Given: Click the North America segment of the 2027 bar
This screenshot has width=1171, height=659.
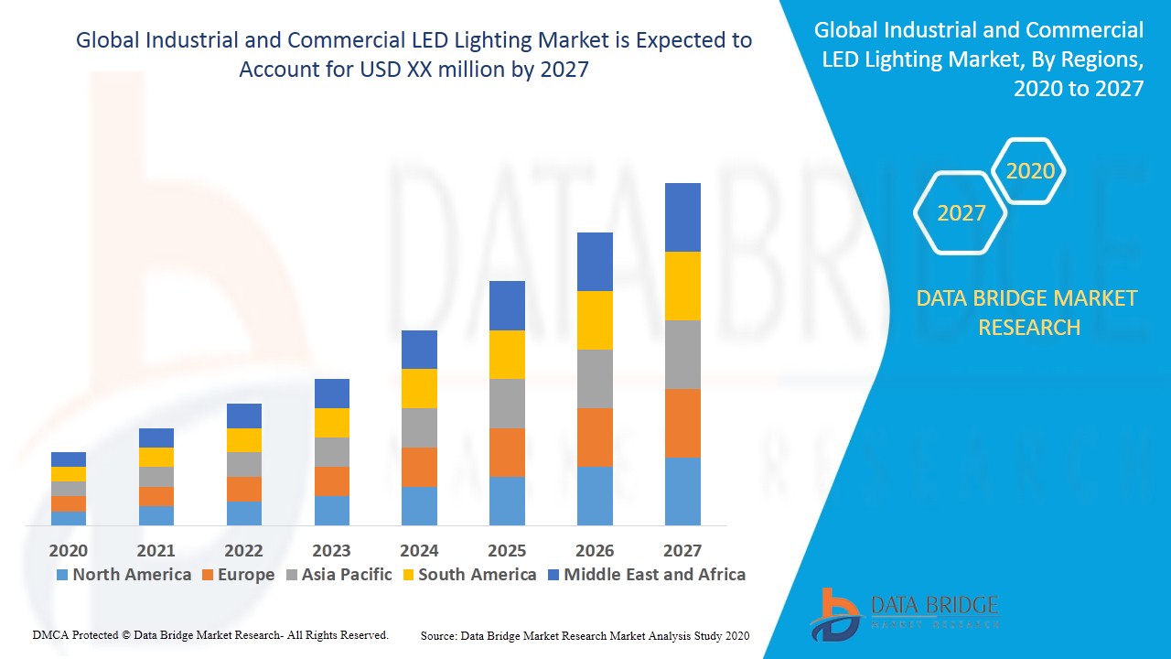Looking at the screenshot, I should point(682,491).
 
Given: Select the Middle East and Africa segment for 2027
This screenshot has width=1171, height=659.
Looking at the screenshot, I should point(682,217).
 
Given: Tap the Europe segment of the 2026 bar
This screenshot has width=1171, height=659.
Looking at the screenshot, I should point(595,437).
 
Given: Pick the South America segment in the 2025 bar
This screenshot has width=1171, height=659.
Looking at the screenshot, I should point(507,354).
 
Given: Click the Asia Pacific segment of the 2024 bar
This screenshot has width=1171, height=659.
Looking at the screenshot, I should point(419,427).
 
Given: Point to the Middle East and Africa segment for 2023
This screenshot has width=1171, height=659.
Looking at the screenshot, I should point(331,394).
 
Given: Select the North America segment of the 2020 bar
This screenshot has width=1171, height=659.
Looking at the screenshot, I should point(69,518).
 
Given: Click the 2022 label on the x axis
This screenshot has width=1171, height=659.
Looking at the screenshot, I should point(243,550).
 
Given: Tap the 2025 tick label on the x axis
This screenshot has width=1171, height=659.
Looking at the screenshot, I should point(507,550).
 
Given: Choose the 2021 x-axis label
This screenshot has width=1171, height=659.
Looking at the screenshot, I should point(156,550).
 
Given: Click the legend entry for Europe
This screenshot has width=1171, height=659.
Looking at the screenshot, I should point(245,575).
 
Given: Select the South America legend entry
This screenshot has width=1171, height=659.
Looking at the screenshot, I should point(477,575).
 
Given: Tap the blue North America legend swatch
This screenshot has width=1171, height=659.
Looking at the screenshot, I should point(62,575).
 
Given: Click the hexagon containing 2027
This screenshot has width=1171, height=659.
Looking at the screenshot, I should point(961,213).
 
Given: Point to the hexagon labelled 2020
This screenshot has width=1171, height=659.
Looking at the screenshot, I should point(1030,171).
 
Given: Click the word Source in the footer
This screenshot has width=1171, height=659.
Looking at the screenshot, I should point(438,635).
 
